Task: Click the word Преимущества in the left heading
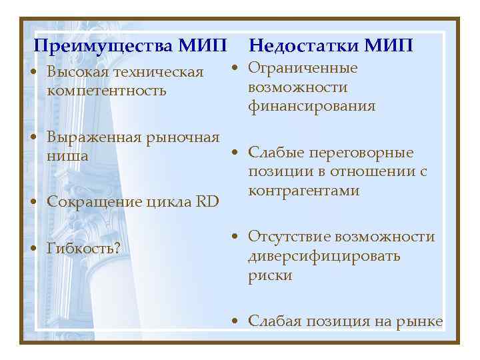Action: pos(102,46)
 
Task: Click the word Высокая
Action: pos(77,72)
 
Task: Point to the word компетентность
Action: pos(106,90)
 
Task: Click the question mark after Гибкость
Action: pos(117,249)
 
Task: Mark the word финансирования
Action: pos(311,106)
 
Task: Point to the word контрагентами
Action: pos(303,191)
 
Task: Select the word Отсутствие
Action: pos(289,237)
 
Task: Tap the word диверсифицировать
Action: pos(324,256)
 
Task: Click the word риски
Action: pos(270,275)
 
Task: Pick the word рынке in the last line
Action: pos(421,321)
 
